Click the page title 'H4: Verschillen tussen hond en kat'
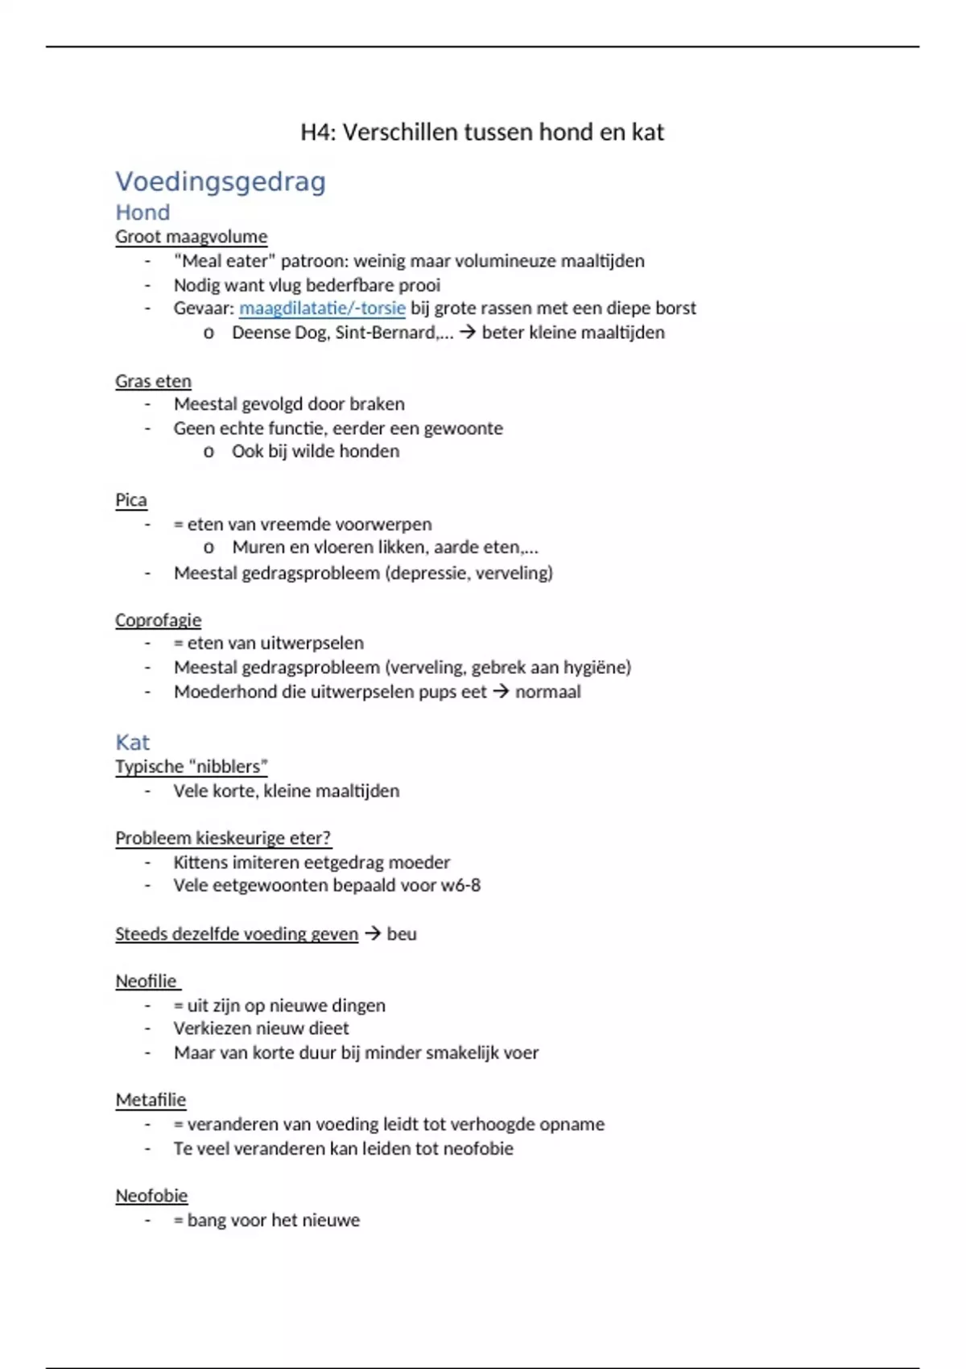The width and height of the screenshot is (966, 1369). (482, 132)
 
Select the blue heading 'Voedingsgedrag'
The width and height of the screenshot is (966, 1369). (221, 182)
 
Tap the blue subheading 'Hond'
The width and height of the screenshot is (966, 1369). (142, 213)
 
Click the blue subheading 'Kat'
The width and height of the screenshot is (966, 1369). (133, 742)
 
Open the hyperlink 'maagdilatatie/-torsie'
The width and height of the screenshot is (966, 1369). (322, 308)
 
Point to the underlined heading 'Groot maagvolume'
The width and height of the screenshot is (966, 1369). (191, 237)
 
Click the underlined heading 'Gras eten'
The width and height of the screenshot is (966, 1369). (153, 381)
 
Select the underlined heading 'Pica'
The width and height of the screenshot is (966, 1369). (130, 500)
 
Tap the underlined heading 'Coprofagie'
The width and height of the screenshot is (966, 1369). (158, 620)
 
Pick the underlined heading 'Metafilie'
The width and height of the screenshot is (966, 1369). (151, 1100)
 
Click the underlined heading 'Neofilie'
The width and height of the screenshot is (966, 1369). (146, 981)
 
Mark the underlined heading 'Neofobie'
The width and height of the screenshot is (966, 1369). (151, 1196)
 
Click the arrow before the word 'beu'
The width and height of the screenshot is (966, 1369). (372, 934)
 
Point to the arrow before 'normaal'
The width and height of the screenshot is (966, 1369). (501, 692)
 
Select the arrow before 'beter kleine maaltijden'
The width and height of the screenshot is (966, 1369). (468, 333)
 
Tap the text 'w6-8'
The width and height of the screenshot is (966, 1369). (460, 886)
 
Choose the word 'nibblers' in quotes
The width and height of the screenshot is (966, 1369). (229, 767)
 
